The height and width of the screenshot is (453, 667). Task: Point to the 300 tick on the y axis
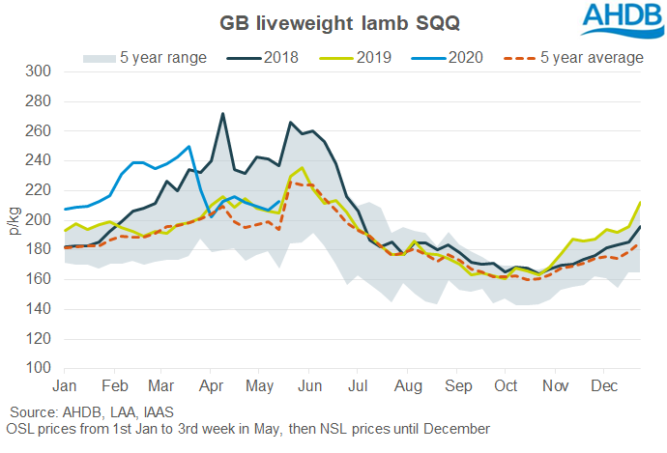click(x=38, y=71)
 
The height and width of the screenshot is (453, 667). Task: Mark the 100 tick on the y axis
click(x=38, y=368)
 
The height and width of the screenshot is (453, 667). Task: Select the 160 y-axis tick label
click(x=38, y=279)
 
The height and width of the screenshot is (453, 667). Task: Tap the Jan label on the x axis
click(x=64, y=384)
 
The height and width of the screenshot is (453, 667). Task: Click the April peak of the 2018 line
click(x=223, y=114)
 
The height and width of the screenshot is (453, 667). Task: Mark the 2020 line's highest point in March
click(x=188, y=147)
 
